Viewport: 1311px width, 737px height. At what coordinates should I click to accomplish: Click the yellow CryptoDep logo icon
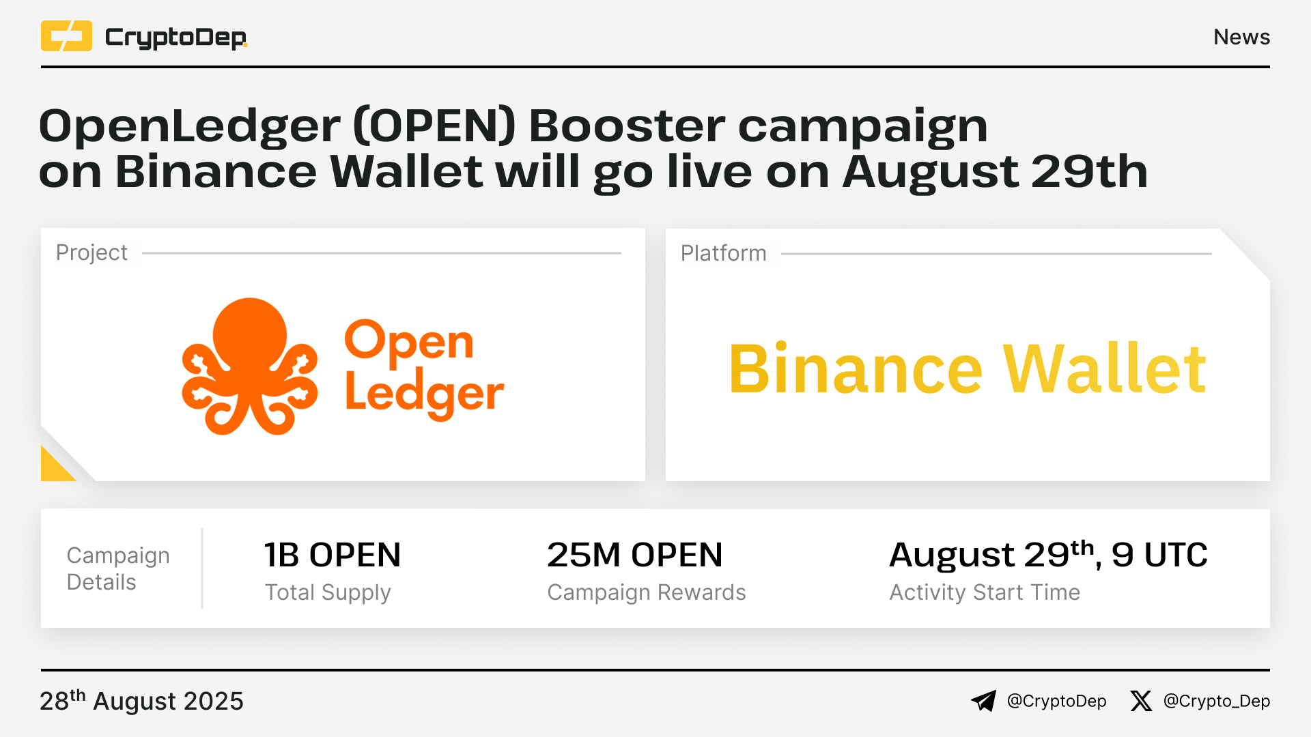tap(66, 36)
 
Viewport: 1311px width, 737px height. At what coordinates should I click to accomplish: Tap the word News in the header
tap(1241, 37)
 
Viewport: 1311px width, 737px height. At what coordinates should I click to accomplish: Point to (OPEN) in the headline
tap(434, 126)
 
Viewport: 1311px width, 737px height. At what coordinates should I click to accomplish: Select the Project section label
tap(91, 252)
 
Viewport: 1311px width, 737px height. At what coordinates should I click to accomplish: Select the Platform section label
tap(724, 253)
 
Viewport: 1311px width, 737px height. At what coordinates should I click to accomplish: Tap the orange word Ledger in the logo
tap(425, 394)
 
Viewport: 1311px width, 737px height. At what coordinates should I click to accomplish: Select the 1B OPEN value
tap(333, 555)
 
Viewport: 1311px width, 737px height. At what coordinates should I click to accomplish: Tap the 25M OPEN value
tap(635, 555)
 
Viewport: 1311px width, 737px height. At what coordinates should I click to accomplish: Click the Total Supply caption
tap(328, 592)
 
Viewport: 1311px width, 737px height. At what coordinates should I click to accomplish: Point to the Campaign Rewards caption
tap(647, 592)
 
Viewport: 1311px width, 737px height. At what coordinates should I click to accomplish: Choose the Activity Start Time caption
tap(985, 592)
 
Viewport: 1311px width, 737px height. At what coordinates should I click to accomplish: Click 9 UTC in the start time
tap(1159, 555)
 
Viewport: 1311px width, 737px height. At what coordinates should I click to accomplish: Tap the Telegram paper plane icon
tap(984, 701)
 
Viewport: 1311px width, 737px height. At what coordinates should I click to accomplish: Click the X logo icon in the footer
tap(1141, 701)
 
